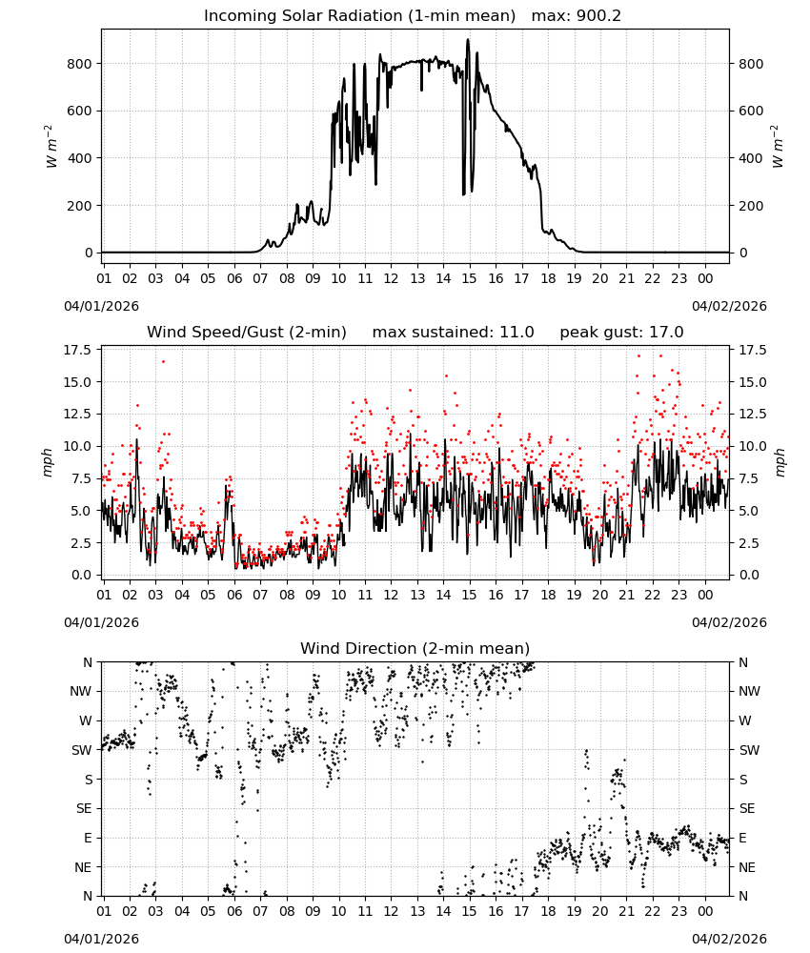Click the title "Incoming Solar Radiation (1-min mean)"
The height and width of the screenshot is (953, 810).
(359, 16)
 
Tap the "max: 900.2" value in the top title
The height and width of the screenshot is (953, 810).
(577, 16)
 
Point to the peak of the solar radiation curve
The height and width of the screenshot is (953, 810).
(468, 39)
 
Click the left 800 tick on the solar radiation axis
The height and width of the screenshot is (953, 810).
(80, 64)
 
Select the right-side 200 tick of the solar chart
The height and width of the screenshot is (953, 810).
(751, 206)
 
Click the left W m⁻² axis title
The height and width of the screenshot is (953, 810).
(51, 146)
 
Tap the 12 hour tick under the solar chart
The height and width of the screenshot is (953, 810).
(391, 278)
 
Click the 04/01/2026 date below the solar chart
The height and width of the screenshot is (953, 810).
(101, 306)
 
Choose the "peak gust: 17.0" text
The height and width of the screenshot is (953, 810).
(621, 333)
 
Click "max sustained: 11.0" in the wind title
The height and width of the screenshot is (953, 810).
(454, 333)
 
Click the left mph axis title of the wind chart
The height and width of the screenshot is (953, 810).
(48, 462)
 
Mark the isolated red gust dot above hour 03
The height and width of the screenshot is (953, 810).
(163, 361)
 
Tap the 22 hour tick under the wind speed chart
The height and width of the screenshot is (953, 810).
(653, 595)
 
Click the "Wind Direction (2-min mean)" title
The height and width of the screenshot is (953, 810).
(415, 648)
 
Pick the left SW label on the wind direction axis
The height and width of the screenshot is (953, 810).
(82, 751)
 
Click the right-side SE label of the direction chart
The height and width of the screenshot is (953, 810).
(747, 809)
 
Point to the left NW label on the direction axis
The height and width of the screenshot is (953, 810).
(81, 692)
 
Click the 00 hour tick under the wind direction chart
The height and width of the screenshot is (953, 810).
(705, 911)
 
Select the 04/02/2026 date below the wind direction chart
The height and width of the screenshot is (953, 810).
(729, 939)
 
